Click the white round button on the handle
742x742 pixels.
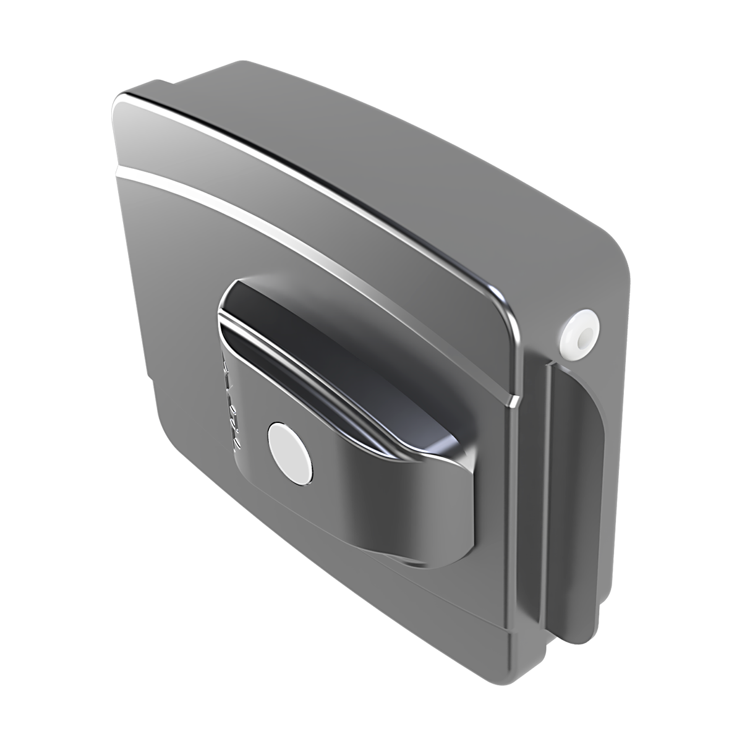pyautogui.click(x=289, y=446)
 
